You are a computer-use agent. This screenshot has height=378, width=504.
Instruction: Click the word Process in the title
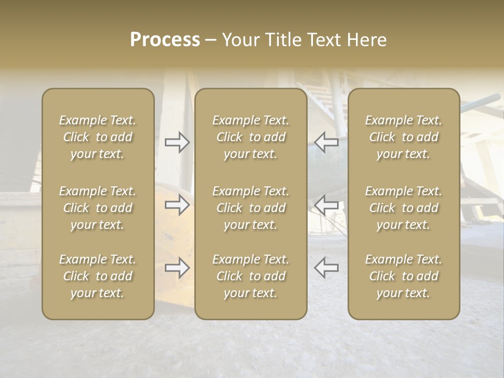tap(165, 40)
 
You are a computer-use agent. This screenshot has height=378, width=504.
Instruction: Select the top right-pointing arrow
tap(177, 142)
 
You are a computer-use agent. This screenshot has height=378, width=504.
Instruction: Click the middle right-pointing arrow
tap(177, 205)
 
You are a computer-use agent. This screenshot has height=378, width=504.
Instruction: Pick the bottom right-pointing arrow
tap(177, 268)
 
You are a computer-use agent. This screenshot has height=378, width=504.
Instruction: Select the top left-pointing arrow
tap(327, 141)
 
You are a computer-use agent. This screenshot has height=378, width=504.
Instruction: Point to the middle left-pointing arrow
tap(327, 205)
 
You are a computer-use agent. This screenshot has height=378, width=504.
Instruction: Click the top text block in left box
tap(98, 137)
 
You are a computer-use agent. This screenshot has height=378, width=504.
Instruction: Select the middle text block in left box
tap(98, 208)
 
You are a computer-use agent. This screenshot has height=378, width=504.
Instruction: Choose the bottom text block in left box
tap(98, 276)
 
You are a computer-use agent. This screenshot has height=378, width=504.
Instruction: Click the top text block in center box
tap(251, 137)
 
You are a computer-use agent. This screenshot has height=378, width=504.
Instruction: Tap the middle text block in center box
tap(251, 208)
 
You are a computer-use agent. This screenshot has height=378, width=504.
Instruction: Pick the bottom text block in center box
tap(251, 276)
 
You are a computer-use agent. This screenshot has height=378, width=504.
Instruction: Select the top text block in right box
tap(404, 137)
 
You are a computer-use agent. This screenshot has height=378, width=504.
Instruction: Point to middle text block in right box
tap(404, 208)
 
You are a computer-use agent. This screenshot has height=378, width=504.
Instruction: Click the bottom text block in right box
tap(404, 276)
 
